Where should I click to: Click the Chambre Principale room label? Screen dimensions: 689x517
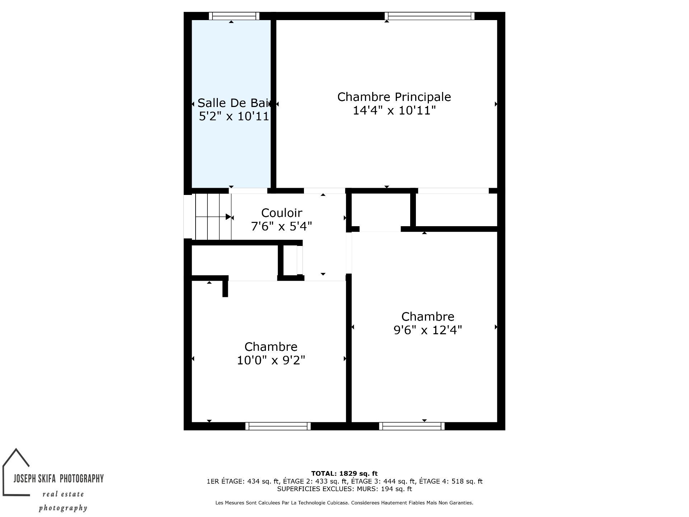coord(394,97)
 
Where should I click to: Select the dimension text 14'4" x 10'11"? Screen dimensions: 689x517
coord(394,110)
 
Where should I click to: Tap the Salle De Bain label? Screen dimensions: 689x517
coord(233,103)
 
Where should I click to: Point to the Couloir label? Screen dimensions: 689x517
coord(282,213)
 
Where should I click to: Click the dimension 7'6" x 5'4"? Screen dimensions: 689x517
coord(282,226)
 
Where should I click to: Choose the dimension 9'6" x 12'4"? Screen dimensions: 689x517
coord(428,330)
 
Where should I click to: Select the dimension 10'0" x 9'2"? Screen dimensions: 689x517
coord(271,360)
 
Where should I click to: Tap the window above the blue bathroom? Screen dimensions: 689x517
coord(234,16)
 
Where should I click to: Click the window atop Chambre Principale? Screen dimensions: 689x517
coord(430,16)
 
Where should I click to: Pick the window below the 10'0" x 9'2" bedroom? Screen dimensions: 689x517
coord(278,426)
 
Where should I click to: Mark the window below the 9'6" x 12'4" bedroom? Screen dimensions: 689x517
coord(412,426)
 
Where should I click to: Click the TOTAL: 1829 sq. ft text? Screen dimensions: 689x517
coord(344,474)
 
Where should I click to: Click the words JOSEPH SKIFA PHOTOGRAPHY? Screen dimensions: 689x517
coord(58,478)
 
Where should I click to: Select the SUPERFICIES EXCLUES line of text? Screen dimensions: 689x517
coord(344,489)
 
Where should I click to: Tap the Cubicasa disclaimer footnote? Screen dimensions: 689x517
coord(344,503)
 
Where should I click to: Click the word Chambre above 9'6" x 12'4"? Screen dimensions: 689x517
coord(428,317)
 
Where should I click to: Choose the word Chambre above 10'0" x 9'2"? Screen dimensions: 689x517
coord(271,347)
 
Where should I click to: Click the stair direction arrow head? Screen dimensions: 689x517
coord(228,217)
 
